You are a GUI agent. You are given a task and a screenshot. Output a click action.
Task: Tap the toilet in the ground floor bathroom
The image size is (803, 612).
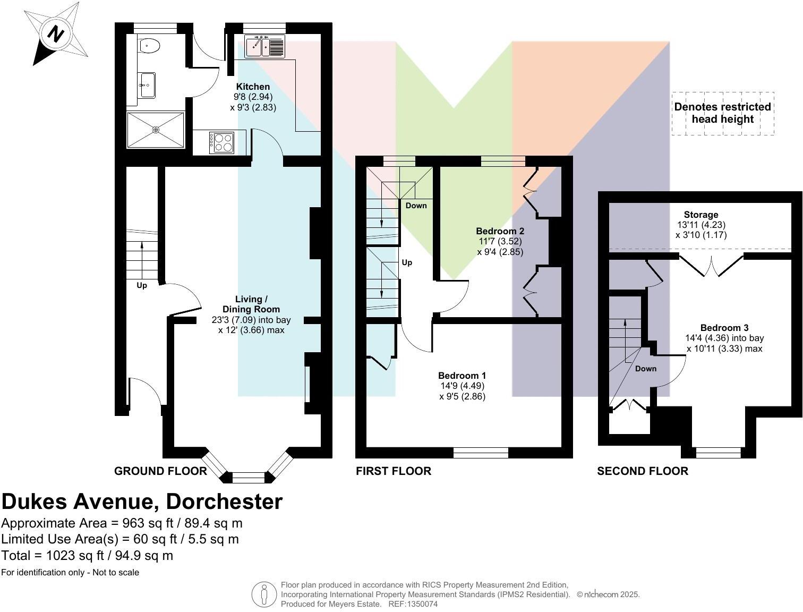pos(149,46)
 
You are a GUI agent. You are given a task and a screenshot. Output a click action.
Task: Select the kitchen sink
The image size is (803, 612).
pos(264,47)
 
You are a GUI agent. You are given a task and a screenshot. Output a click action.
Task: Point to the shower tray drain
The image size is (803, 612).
pos(156,130)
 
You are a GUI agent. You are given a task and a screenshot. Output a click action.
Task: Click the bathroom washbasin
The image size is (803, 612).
pos(147,84)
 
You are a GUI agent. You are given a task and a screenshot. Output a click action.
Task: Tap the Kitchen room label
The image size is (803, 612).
pos(253,87)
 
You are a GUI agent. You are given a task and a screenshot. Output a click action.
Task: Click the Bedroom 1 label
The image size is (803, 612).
pos(462,376)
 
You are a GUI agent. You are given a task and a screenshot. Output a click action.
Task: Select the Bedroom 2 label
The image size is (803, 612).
pos(500,231)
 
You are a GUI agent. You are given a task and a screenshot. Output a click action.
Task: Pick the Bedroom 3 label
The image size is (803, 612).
pos(724,328)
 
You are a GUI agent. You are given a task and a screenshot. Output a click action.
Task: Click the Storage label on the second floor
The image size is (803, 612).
pos(701,215)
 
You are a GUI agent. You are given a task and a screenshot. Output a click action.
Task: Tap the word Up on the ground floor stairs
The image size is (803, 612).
pos(142,285)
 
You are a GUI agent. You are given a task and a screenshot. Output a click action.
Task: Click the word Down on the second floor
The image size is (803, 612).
pos(645,369)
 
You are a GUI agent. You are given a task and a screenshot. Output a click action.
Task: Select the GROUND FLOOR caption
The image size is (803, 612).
pos(160,471)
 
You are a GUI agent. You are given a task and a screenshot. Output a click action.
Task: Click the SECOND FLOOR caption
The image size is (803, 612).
pos(642,471)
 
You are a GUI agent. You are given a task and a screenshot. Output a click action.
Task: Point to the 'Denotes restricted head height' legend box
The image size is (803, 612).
pos(722,113)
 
